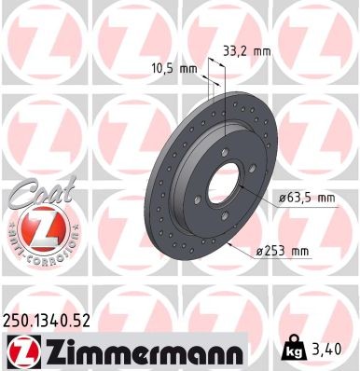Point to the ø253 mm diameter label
pyautogui.click(x=283, y=249)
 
